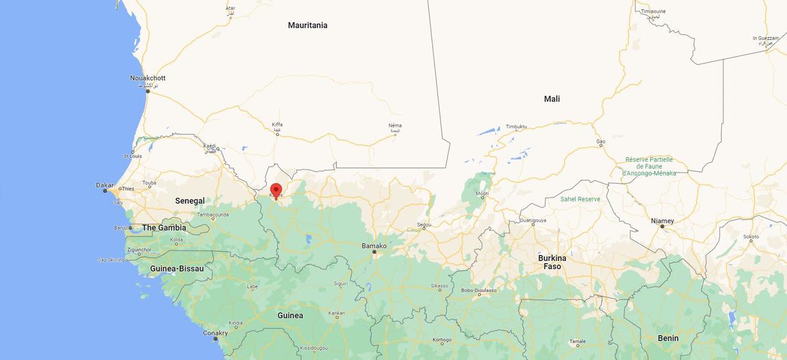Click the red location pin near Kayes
[276, 190]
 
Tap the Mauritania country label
[307, 26]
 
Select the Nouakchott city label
[148, 78]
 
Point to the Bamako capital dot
[374, 252]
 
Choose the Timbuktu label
[516, 126]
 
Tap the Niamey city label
[662, 221]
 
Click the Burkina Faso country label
[552, 262]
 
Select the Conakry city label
[215, 333]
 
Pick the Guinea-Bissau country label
[176, 269]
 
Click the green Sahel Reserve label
[580, 199]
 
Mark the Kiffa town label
[277, 125]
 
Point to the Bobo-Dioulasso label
[479, 290]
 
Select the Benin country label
[668, 338]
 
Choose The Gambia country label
[164, 228]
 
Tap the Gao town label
[600, 142]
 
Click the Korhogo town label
[442, 340]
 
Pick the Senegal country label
[190, 200]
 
